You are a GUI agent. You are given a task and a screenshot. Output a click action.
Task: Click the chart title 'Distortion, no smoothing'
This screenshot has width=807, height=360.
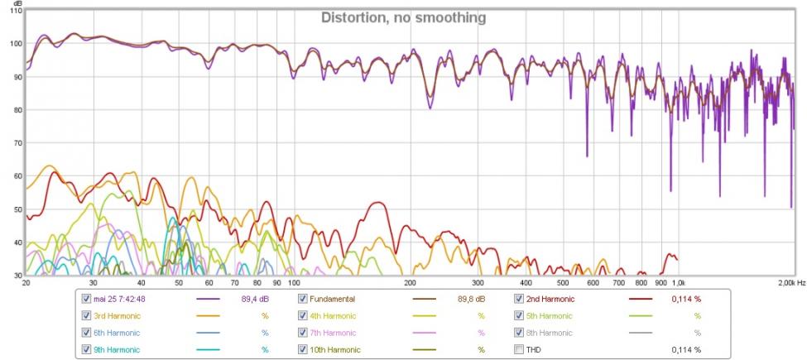[403, 17]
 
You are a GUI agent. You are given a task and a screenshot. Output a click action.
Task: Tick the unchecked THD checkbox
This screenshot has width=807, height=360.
[519, 349]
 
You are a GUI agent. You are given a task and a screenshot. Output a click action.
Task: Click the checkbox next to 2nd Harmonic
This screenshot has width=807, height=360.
[519, 299]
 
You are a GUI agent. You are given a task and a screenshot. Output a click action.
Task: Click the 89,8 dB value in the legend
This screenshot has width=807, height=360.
[471, 299]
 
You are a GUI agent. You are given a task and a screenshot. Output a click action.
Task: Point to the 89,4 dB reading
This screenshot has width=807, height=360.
[254, 299]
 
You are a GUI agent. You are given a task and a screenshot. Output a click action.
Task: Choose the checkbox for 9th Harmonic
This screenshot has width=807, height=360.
[87, 349]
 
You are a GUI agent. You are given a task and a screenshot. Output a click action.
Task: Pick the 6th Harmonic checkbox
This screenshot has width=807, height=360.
[87, 333]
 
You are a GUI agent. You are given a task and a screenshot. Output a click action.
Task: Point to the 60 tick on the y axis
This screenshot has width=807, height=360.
[15, 175]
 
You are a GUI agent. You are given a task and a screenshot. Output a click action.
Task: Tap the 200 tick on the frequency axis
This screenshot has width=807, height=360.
[411, 283]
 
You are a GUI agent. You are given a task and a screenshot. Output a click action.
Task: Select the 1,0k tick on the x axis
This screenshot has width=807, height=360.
[680, 283]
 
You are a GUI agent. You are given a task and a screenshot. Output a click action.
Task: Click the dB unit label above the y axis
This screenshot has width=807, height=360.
[17, 4]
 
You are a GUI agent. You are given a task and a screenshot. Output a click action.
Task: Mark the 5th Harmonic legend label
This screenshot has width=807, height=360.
[550, 315]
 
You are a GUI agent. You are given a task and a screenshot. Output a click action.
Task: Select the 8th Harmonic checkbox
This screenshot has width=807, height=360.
[519, 333]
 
